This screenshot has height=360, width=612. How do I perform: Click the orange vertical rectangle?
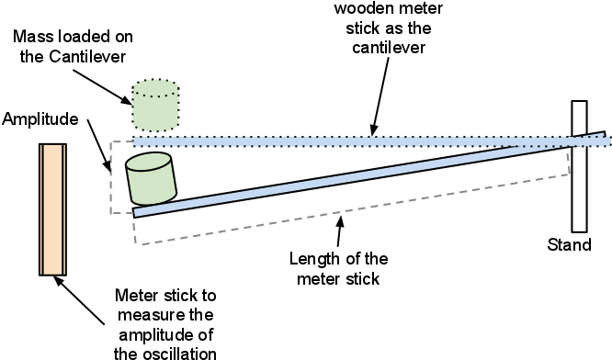(52, 209)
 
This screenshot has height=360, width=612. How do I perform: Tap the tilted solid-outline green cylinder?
(152, 182)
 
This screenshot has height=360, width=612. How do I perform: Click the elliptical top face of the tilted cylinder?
(148, 163)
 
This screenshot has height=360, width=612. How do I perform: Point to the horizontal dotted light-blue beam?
(368, 141)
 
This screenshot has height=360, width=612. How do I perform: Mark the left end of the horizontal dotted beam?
(135, 141)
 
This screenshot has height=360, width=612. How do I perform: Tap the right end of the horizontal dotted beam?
(608, 141)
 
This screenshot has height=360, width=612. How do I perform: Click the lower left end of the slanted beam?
(136, 213)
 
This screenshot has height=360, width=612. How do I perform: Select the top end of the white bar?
(579, 103)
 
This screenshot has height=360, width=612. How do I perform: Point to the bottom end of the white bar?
(579, 230)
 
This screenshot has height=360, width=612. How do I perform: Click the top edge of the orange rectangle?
(52, 145)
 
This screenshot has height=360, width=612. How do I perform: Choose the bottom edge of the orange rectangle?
(52, 273)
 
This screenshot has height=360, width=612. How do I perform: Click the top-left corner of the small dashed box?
(111, 142)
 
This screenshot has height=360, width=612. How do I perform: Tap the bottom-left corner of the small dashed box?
(111, 213)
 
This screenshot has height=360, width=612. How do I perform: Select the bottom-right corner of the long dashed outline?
(570, 174)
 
